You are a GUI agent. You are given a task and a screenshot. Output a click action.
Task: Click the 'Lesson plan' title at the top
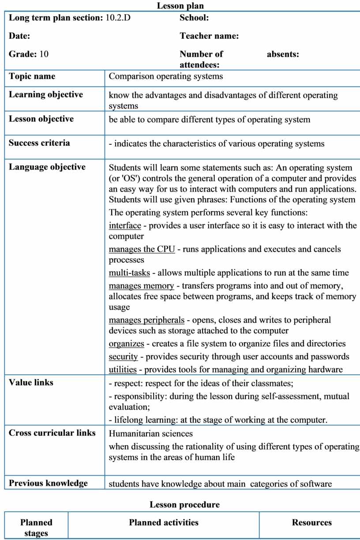(x=180, y=6)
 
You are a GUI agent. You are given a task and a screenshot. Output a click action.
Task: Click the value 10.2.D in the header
(x=118, y=18)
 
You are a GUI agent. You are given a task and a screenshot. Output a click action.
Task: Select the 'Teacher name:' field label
(x=209, y=36)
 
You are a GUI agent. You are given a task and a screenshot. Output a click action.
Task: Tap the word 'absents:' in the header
(x=283, y=54)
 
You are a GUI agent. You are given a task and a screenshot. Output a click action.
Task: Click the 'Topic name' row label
(x=32, y=76)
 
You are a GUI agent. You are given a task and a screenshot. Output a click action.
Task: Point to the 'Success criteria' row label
(x=39, y=143)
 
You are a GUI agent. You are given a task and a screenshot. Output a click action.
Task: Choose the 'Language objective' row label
(x=47, y=167)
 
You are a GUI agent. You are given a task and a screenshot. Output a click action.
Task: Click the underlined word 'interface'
(x=125, y=226)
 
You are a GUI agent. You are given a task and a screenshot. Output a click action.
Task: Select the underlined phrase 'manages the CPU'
(x=142, y=249)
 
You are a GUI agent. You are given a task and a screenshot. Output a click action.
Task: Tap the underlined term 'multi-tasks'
(x=129, y=272)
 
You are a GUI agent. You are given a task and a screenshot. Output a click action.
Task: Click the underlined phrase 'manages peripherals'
(x=146, y=320)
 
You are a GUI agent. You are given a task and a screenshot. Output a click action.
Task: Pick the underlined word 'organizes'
(x=126, y=344)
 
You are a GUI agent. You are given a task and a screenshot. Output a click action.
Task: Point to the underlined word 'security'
(x=123, y=356)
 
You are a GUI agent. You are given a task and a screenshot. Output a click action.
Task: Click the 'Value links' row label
(x=31, y=382)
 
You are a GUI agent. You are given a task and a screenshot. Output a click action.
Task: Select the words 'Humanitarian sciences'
(x=150, y=434)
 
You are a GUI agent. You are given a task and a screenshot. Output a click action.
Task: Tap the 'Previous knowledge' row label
(x=48, y=483)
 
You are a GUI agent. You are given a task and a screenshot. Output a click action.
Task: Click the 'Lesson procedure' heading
(x=184, y=505)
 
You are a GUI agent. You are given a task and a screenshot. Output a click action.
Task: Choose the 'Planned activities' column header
(x=164, y=523)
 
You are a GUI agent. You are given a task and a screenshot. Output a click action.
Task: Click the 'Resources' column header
(x=311, y=523)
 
